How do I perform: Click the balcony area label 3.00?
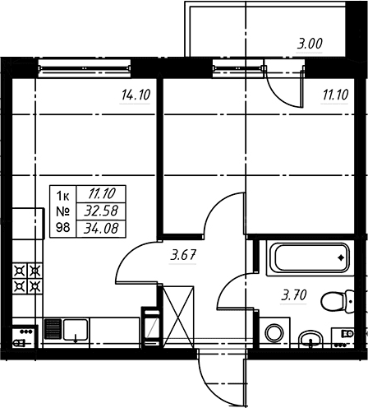click(310, 44)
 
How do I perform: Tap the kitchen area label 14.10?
click(136, 95)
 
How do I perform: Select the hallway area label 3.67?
click(183, 255)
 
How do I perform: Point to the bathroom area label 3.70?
click(294, 295)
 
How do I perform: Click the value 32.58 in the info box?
click(101, 211)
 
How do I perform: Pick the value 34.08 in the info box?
click(101, 228)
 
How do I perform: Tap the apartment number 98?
click(62, 227)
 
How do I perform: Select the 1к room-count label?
click(62, 196)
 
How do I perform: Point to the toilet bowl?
click(338, 302)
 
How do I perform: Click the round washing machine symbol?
click(274, 333)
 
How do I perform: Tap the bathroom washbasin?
click(310, 339)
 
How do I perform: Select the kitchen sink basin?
click(76, 329)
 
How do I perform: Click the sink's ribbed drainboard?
click(53, 329)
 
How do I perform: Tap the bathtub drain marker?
click(341, 257)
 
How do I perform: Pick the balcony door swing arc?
click(282, 96)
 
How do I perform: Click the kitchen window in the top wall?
click(85, 67)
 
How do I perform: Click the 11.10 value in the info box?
click(101, 194)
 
